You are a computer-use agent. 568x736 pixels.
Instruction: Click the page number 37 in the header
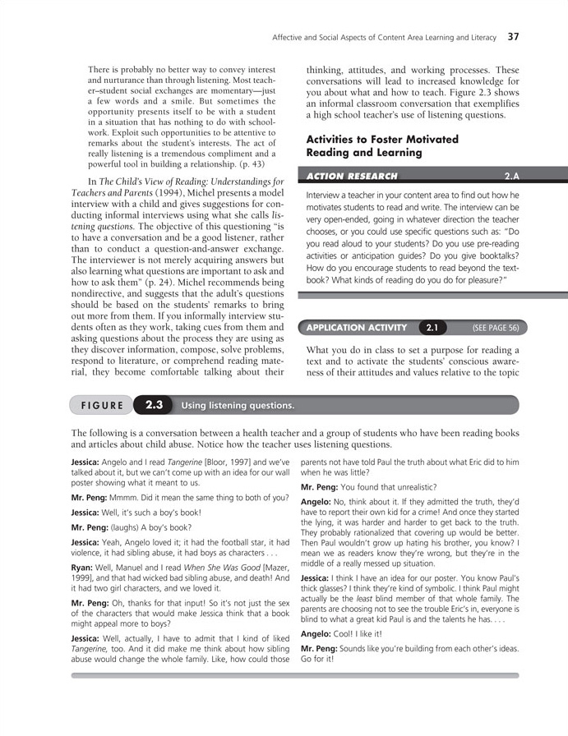[513, 36]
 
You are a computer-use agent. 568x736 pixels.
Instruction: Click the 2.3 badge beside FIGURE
[155, 405]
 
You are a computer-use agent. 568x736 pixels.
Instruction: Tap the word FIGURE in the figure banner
[103, 406]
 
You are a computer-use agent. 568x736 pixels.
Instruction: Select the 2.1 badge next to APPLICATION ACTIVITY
[432, 328]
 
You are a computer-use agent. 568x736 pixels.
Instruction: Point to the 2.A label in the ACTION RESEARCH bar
[511, 176]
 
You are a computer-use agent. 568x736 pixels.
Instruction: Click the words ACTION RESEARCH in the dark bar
[352, 176]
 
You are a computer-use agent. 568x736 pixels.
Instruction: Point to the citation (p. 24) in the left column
[186, 266]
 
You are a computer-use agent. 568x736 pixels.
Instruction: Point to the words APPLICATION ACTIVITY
[357, 328]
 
